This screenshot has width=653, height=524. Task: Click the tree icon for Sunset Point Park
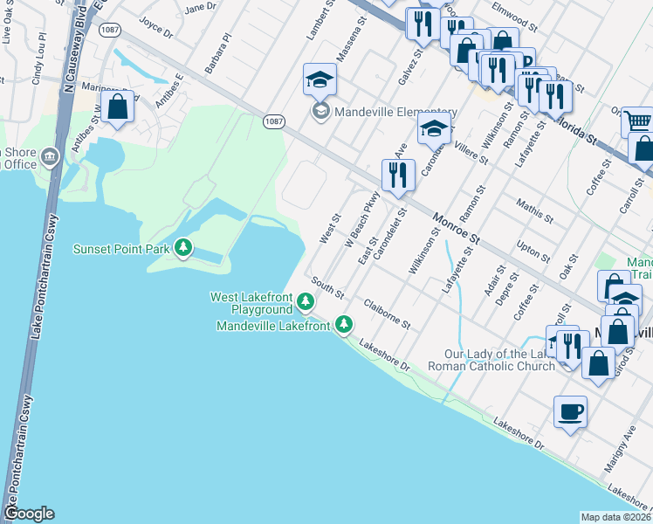tap(183, 249)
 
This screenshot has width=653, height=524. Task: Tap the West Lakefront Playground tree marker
tap(305, 303)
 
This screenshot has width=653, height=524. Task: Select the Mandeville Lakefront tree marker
tap(344, 326)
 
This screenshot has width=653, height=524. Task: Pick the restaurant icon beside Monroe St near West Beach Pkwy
tap(396, 175)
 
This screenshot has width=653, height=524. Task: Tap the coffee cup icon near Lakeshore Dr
tap(570, 411)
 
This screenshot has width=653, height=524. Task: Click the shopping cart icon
tap(638, 122)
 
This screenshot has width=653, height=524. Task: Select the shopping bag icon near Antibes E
tap(118, 108)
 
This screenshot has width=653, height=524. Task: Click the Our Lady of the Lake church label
tap(498, 360)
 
